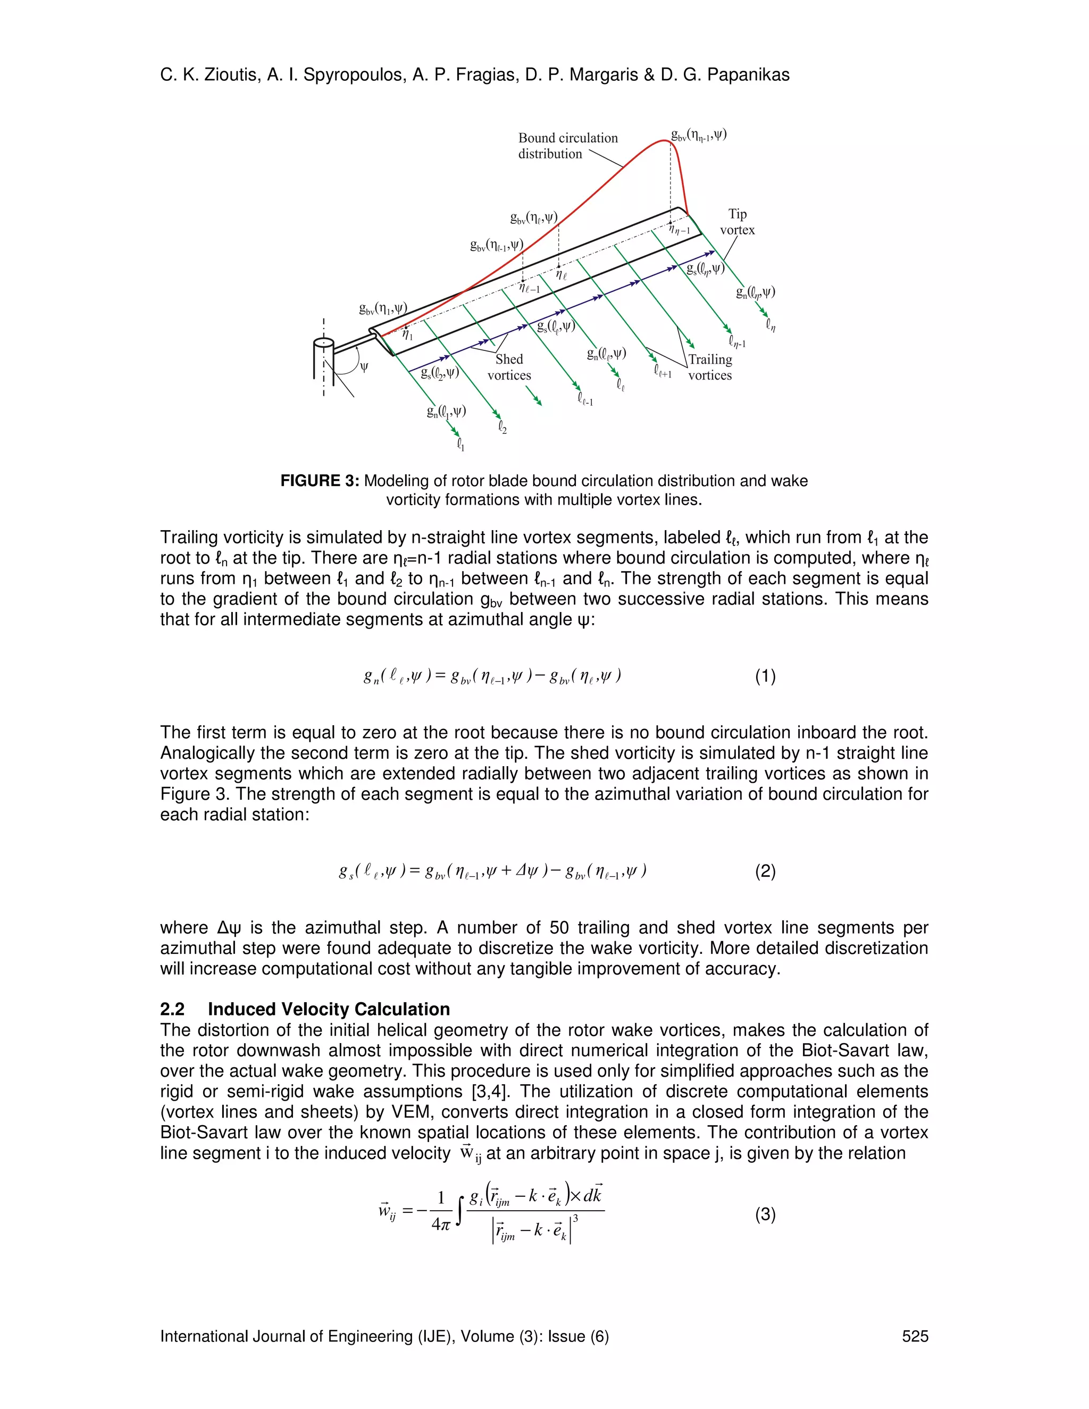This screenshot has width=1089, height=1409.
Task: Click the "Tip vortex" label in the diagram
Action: pos(737,222)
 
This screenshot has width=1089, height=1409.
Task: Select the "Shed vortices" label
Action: pos(509,367)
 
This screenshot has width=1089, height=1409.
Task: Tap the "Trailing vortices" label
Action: pos(710,367)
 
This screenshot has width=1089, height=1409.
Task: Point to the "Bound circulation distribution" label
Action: pos(568,146)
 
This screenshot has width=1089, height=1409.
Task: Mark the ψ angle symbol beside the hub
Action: pos(364,367)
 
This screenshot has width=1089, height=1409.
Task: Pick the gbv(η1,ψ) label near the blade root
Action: pos(383,308)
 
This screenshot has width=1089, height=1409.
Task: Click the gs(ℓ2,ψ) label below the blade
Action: pos(439,372)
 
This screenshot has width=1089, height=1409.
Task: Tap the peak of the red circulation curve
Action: pos(668,141)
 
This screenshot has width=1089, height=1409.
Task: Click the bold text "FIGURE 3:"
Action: pos(320,481)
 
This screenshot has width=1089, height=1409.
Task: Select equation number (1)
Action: pos(765,676)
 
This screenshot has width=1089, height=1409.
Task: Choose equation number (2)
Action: pos(765,871)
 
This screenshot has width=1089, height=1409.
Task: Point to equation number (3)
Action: pos(765,1215)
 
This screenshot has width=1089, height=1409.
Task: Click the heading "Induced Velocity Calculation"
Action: pos(329,1010)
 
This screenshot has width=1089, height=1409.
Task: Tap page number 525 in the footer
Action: pos(915,1336)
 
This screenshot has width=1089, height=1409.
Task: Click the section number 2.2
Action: pos(172,1010)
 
